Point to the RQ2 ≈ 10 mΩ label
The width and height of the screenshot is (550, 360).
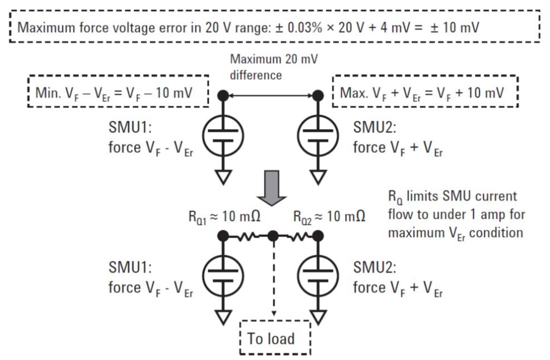[x=330, y=216]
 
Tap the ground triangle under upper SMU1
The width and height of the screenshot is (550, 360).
[x=223, y=177]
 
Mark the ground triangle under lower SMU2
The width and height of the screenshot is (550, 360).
[x=318, y=317]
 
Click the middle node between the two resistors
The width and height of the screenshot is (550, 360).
[x=273, y=236]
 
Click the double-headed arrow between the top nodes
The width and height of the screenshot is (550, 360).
[x=271, y=96]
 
